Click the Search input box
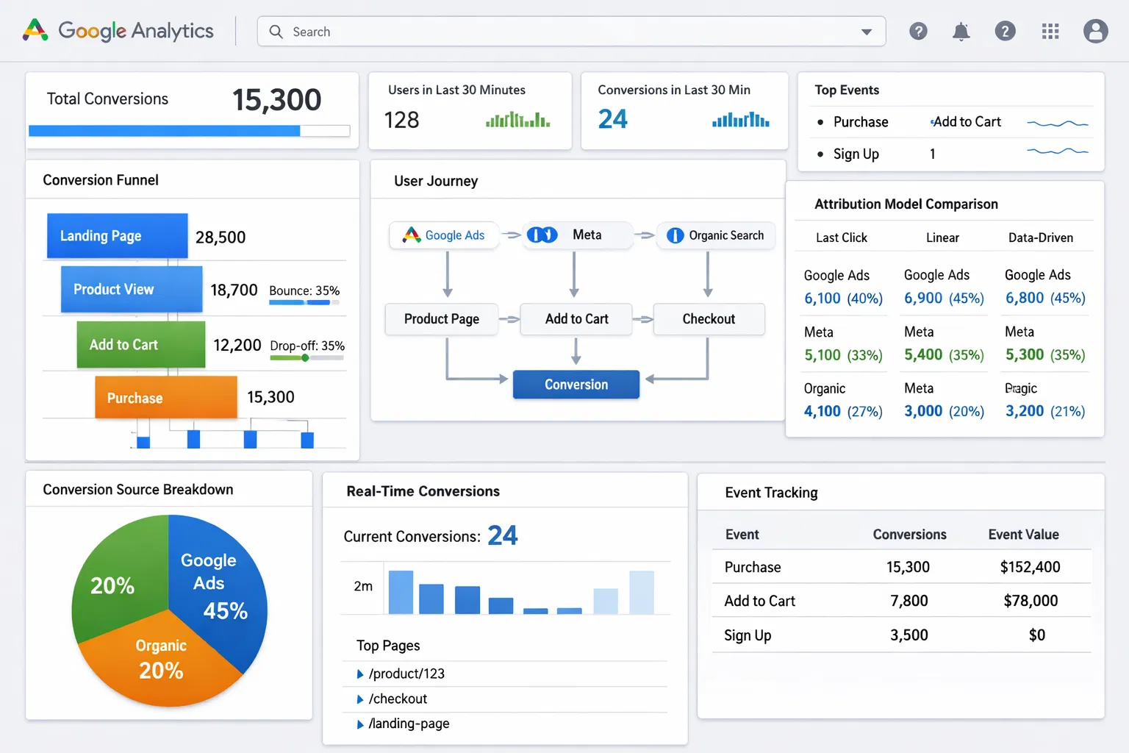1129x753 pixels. point(559,32)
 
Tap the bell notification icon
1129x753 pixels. point(961,32)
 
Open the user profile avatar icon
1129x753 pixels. point(1095,32)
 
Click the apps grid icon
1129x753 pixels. point(1050,32)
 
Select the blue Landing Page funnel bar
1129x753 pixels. point(117,236)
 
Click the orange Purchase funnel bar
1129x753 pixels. point(165,398)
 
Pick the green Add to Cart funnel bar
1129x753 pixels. point(140,345)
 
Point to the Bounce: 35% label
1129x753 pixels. point(304,290)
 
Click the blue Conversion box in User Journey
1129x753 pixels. point(576,385)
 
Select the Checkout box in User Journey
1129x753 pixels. point(709,319)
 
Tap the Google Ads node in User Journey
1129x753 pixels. point(444,235)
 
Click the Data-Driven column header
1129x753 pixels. point(1040,238)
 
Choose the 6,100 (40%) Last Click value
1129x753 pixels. point(843,299)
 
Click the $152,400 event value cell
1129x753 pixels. point(1030,567)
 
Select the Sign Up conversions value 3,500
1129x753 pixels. point(908,635)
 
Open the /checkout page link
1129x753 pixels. point(398,699)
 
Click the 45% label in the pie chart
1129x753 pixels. point(225,611)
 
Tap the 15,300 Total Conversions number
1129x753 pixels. point(276,100)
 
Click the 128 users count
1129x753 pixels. point(401,120)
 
